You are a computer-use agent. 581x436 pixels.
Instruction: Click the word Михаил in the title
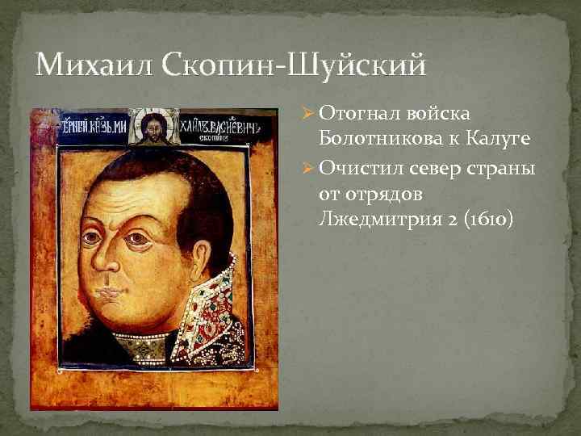(82, 63)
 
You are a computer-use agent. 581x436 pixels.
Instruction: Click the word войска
(441, 117)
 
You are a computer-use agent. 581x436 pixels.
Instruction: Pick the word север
(436, 167)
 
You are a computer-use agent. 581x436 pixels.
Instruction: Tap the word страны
(504, 167)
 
